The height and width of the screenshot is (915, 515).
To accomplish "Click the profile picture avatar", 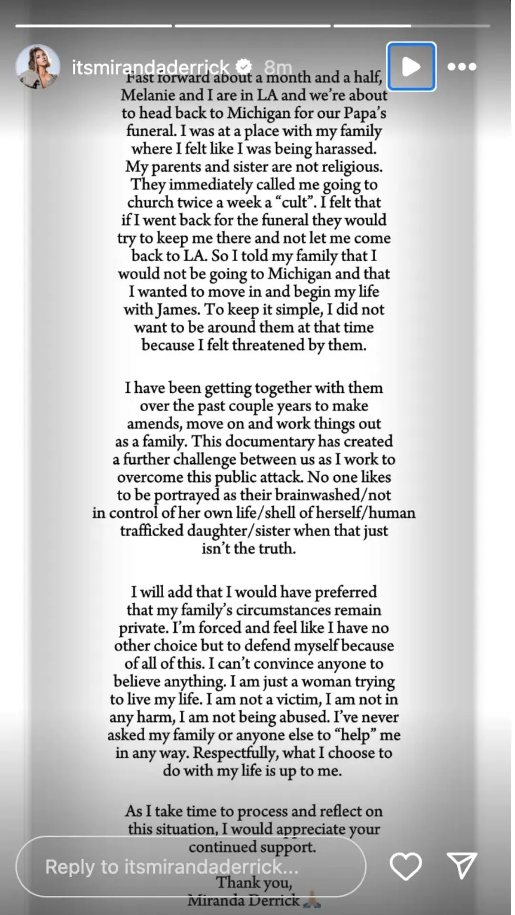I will click(x=38, y=67).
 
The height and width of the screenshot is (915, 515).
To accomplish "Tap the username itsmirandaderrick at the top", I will click(x=151, y=67).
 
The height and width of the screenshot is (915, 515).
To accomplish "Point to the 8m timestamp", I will click(x=278, y=67).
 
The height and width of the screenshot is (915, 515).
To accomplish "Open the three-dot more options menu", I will click(x=462, y=67).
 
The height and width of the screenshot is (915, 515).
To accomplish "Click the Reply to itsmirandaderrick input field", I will click(x=191, y=866).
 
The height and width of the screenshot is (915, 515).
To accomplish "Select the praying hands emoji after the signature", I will click(x=312, y=900).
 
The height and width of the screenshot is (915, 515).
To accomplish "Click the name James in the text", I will click(x=177, y=309).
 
